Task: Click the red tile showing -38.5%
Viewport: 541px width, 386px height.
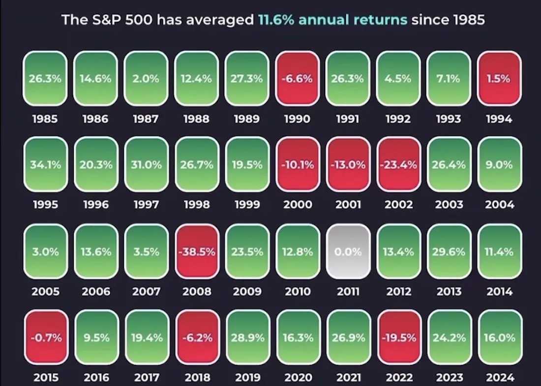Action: (x=197, y=251)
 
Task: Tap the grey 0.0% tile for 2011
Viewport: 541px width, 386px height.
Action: (x=348, y=251)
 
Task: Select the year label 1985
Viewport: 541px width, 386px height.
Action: (x=45, y=119)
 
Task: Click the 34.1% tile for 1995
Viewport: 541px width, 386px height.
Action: (x=45, y=165)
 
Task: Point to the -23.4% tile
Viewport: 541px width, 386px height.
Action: (x=398, y=165)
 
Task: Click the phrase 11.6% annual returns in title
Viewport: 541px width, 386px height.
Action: (x=332, y=20)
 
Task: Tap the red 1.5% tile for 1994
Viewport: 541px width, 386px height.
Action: (x=499, y=79)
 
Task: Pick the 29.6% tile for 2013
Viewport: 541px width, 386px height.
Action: (x=449, y=251)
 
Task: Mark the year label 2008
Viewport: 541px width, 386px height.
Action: (x=197, y=292)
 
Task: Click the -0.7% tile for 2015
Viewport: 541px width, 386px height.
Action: (x=45, y=338)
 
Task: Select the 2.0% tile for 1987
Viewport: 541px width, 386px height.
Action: (x=146, y=79)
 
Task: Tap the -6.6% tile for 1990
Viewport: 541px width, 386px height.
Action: (x=298, y=79)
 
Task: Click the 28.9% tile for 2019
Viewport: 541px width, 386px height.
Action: (x=247, y=338)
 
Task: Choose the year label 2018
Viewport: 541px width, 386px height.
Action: (x=197, y=378)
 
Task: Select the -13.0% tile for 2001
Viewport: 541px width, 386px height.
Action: (x=348, y=165)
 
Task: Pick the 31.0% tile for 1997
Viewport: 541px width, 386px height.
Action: (x=146, y=165)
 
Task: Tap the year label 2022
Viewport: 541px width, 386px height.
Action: (x=398, y=378)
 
